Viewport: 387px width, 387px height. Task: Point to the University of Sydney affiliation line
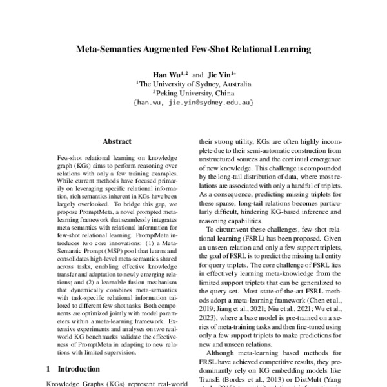pos(193,83)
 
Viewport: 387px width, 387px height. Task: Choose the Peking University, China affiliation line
pos(193,92)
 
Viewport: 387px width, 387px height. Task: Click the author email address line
pos(193,102)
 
